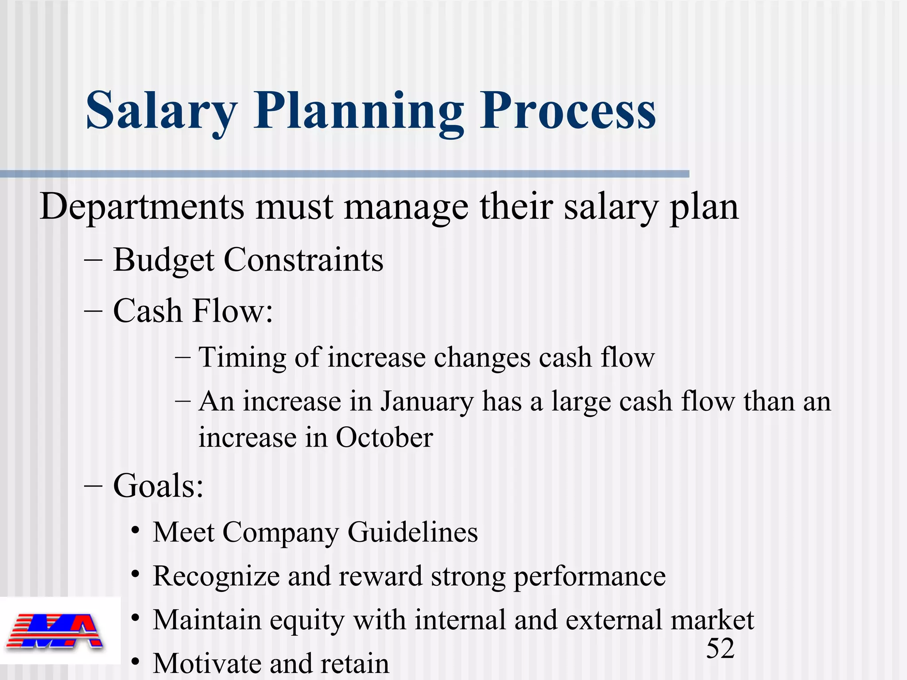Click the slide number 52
tap(720, 649)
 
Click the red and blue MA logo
tap(55, 631)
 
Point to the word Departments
tap(142, 207)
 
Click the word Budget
tap(164, 260)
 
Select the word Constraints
tap(304, 260)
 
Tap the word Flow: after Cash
tap(233, 311)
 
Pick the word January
tap(426, 402)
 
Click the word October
tap(384, 438)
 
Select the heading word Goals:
tap(158, 486)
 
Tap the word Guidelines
tap(413, 532)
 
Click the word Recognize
tap(216, 576)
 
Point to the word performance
tap(589, 576)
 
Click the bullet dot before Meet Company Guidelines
tap(136, 531)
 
